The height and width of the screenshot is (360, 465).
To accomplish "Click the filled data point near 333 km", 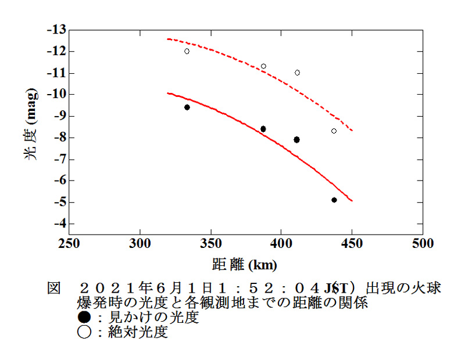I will point(187,107).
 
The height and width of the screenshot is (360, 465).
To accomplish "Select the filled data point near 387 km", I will point(263,129).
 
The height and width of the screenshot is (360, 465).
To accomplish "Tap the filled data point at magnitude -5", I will point(334,200).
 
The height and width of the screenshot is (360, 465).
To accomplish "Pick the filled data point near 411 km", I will point(296,139).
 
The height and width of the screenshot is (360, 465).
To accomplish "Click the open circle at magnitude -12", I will point(187,51).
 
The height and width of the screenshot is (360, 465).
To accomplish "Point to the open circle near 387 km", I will point(263,66).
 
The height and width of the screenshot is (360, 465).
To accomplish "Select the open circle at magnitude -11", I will point(297,73).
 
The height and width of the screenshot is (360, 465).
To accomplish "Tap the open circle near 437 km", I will point(334,131).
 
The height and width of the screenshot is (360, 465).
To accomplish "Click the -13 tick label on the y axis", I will point(58,30).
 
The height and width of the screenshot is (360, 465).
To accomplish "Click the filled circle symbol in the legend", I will point(84,318).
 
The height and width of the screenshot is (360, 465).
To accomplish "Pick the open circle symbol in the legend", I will point(84,333).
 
